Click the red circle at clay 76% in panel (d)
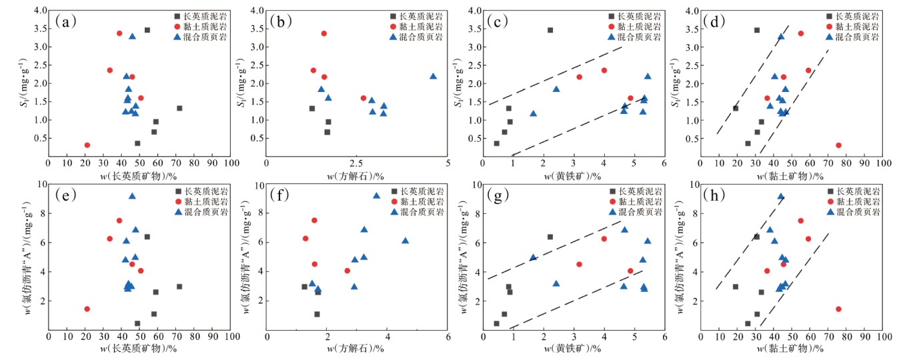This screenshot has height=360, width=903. [x=838, y=145]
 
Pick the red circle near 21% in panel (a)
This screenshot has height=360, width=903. [x=87, y=145]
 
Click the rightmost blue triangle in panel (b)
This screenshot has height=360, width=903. [x=433, y=76]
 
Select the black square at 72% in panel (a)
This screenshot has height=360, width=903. [x=179, y=108]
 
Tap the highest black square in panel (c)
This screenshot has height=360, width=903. [x=550, y=30]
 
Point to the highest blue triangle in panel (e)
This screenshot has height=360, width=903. [x=132, y=196]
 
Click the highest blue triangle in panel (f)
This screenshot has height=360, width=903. [x=376, y=195]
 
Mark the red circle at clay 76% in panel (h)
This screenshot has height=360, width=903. [x=838, y=309]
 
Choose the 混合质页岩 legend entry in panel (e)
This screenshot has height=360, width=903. [x=199, y=211]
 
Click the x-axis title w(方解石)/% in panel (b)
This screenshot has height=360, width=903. [x=357, y=175]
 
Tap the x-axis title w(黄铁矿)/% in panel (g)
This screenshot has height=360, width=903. [x=574, y=349]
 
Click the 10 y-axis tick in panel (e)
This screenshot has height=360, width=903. [x=41, y=185]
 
